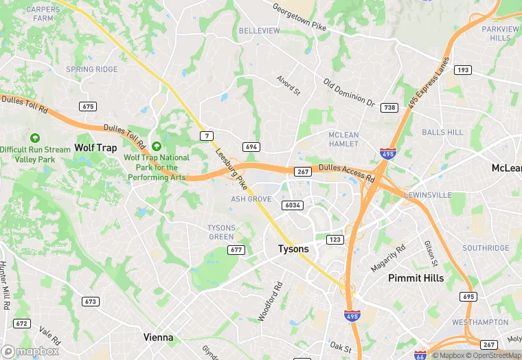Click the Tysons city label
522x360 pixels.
pos(293,249)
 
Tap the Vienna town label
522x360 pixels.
pos(158,337)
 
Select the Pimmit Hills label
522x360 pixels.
pos(416,278)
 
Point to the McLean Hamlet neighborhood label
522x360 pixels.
pos(343,139)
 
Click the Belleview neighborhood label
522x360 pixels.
pos(259,31)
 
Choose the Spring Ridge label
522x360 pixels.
pos(91,69)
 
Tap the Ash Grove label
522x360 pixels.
pos(251,199)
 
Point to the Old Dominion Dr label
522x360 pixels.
pos(349,93)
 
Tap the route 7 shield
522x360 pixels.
pos(207,136)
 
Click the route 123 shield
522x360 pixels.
pos(335,239)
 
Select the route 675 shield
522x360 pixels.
pos(88,106)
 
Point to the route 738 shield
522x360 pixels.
pos(389,108)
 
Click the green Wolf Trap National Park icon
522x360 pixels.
pos(157,146)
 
